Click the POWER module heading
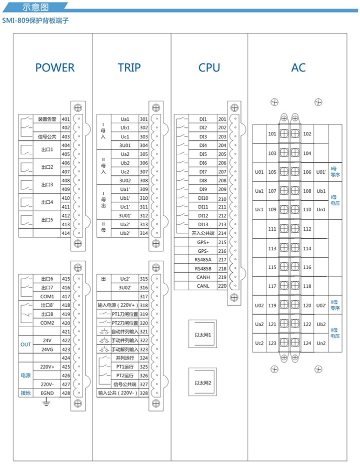(54, 68)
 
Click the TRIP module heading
(129, 68)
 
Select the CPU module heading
(209, 68)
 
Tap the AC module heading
(298, 68)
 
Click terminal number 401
(65, 119)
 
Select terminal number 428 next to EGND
(65, 393)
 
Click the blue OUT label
(25, 345)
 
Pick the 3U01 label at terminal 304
(125, 145)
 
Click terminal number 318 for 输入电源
(143, 305)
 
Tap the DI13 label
(203, 224)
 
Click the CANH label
(203, 277)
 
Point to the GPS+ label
(203, 242)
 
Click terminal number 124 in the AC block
(307, 343)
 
